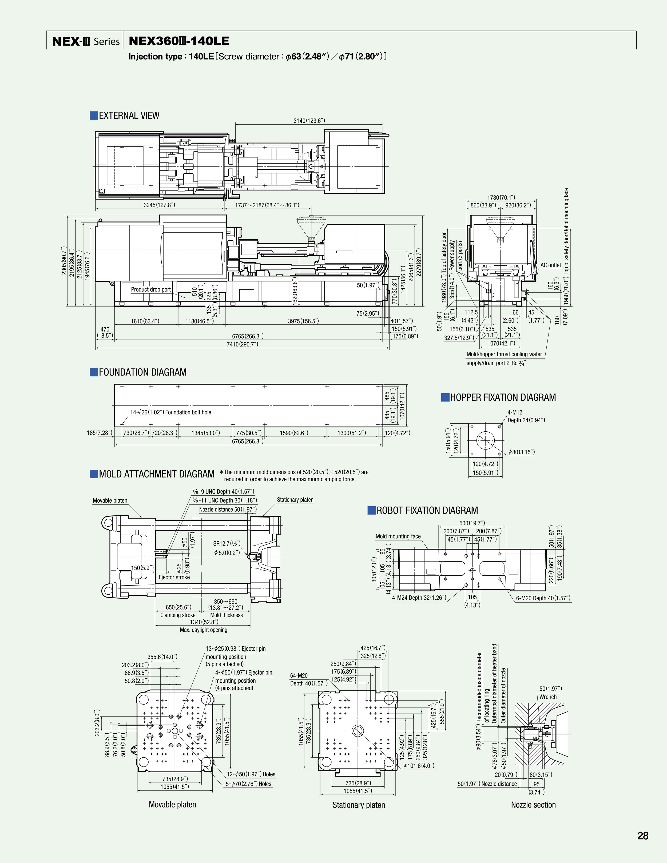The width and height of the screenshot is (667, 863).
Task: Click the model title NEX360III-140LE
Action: tap(178, 41)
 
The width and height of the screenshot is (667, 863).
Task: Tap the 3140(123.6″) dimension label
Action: tap(309, 121)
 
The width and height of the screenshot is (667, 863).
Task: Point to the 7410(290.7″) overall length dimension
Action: tap(242, 344)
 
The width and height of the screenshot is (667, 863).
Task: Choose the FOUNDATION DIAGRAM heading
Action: tap(142, 372)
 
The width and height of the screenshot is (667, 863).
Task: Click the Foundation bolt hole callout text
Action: tap(171, 412)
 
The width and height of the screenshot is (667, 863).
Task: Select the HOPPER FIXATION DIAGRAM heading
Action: tap(503, 397)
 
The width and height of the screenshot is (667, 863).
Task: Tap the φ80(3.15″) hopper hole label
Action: tap(522, 452)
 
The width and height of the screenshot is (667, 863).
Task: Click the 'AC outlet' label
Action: tap(550, 265)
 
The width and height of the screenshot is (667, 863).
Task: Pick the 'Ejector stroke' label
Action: tap(174, 577)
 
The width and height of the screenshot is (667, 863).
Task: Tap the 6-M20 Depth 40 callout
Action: tap(543, 598)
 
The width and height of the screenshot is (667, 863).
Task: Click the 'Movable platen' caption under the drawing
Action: tap(172, 805)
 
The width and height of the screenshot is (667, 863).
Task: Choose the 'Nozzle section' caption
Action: tap(533, 805)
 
